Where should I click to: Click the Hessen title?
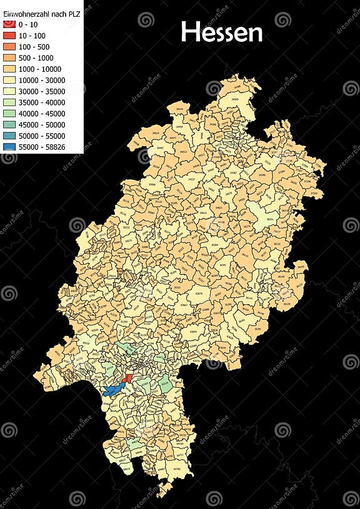point(221,32)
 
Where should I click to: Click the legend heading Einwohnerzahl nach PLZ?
point(42,13)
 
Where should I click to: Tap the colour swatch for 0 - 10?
point(9,24)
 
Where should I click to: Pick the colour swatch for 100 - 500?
point(9,47)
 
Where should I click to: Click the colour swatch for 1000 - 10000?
point(9,69)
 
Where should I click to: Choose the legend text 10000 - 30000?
point(41,81)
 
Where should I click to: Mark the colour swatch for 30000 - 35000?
point(9,92)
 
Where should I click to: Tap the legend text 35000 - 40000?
point(41,103)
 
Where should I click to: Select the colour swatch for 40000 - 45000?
point(9,114)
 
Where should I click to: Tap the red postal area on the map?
point(128,378)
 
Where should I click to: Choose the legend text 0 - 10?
point(29,24)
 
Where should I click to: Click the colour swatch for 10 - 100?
point(9,36)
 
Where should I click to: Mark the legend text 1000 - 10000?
point(39,69)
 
